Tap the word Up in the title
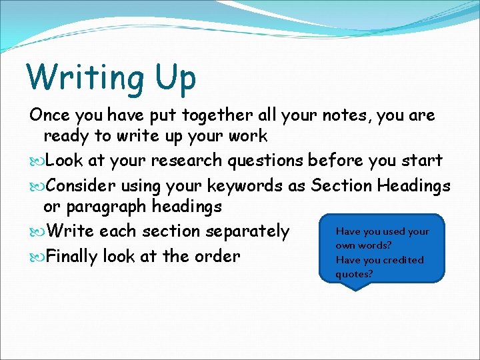174,78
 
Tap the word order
218,255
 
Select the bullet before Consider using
37,185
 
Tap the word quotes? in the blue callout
354,274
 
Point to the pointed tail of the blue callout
356,288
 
